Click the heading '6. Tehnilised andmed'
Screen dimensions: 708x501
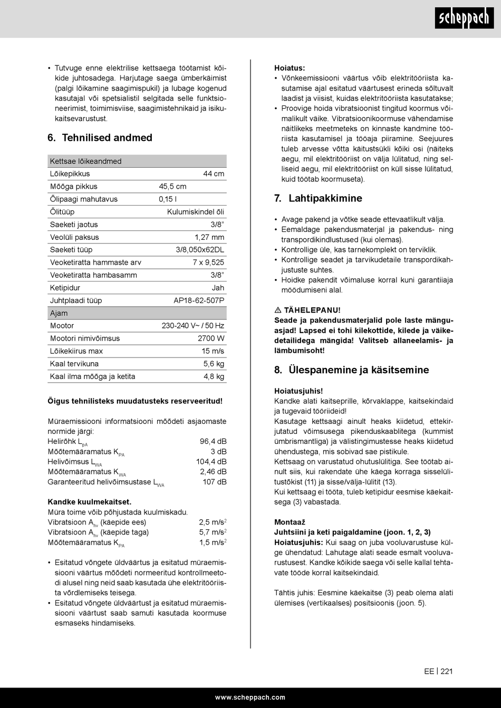[x=100, y=138]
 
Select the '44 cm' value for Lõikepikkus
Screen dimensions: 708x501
[x=214, y=174]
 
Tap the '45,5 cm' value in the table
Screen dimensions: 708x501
[x=172, y=187]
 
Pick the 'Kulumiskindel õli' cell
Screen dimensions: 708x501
[x=195, y=212]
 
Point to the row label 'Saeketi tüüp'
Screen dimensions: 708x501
[x=71, y=250]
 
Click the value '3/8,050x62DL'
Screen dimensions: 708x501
[x=200, y=250]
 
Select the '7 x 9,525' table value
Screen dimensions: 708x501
[x=208, y=263]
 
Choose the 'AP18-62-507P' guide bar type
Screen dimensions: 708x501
[x=199, y=300]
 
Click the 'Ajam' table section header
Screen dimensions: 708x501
[x=59, y=313]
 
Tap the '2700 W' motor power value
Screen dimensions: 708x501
[x=211, y=338]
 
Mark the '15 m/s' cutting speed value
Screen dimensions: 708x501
[x=213, y=351]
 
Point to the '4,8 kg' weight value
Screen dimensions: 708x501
[x=214, y=376]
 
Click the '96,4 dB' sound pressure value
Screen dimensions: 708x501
[x=213, y=441]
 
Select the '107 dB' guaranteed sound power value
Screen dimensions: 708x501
[x=215, y=482]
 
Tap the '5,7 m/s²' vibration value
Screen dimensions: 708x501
[x=213, y=532]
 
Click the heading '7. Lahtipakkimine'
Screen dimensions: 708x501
[x=318, y=198]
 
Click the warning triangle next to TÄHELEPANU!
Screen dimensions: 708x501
[x=277, y=311]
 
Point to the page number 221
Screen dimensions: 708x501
[x=447, y=671]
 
